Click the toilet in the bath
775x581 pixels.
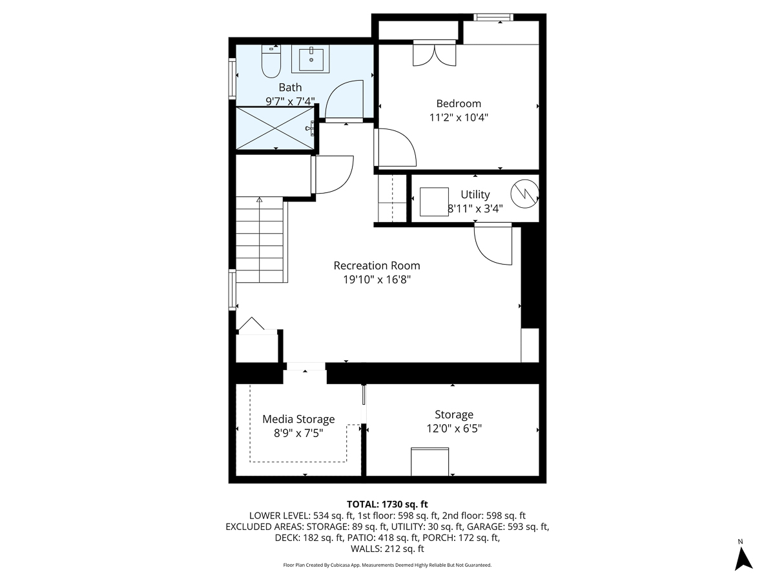click(271, 61)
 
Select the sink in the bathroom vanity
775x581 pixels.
click(311, 59)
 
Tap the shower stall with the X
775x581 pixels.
click(274, 128)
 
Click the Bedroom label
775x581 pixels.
click(459, 103)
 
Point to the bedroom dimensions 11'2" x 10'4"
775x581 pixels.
click(459, 117)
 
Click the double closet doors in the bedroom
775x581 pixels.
click(435, 54)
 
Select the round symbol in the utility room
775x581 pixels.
click(524, 193)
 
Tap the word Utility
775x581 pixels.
click(475, 194)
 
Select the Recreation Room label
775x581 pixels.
click(377, 265)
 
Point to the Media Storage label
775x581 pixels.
click(298, 419)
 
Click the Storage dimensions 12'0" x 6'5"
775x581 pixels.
click(453, 428)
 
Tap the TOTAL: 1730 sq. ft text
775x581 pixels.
click(387, 504)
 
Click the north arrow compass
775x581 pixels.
click(744, 556)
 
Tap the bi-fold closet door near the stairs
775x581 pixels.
click(251, 325)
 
